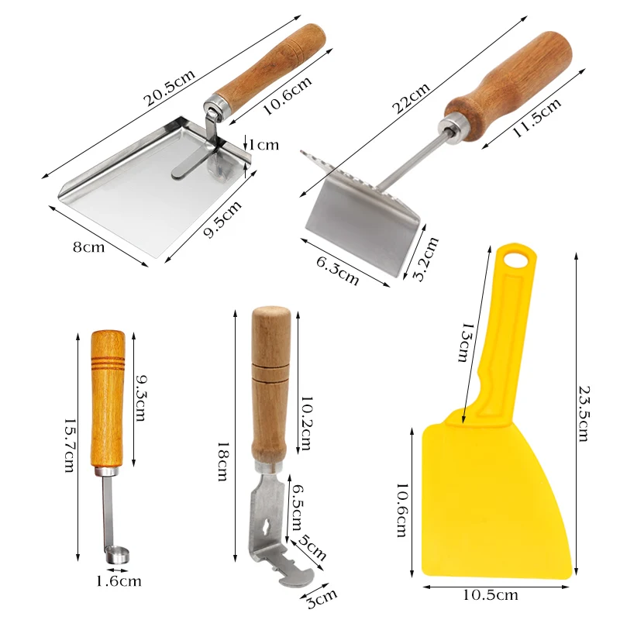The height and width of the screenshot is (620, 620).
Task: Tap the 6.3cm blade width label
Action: click(x=337, y=268)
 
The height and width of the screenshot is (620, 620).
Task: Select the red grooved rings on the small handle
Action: click(x=108, y=360)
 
